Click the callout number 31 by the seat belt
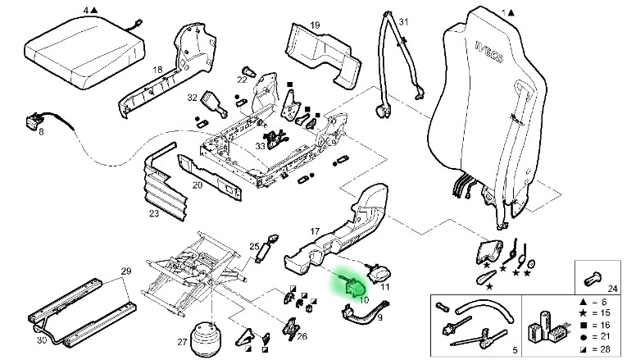403,21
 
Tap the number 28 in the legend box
608,349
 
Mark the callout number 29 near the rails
126,271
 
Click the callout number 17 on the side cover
315,231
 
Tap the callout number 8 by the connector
40,130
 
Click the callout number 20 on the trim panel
197,185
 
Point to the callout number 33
260,146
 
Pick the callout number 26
302,335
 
